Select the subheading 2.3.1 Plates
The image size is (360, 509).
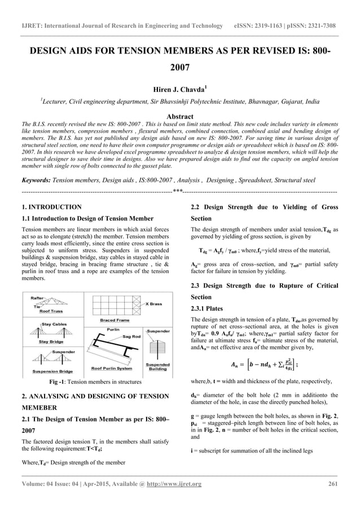point(211,309)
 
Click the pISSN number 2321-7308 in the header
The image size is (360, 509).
point(328,11)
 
